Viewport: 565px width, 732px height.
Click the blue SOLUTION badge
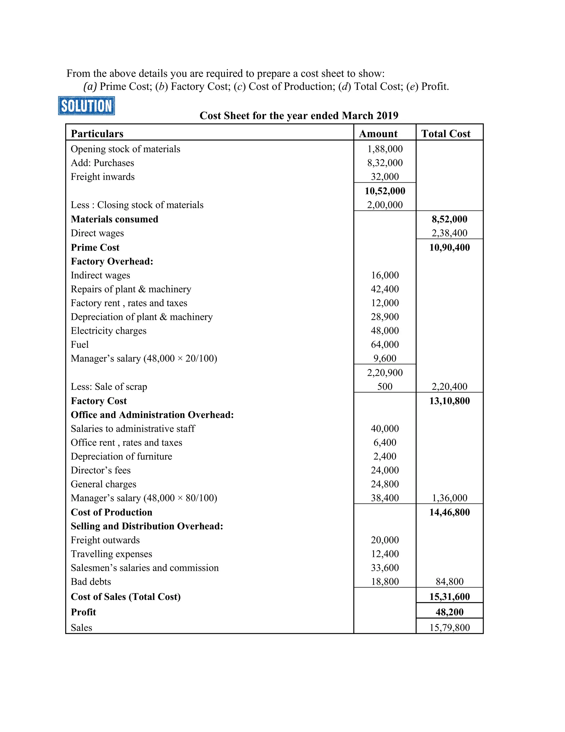86,106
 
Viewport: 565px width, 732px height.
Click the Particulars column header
97,134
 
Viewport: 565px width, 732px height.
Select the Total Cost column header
446,134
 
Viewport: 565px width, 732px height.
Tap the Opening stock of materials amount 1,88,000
385,149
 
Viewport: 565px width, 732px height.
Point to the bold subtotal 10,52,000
385,191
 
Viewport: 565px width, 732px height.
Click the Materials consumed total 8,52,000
449,219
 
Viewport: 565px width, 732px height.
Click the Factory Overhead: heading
112,261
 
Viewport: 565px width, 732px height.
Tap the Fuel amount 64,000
385,344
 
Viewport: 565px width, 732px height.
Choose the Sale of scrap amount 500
385,386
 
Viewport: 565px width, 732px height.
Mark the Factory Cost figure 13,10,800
449,401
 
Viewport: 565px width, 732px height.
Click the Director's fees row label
100,470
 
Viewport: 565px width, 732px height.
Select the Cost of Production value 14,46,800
449,512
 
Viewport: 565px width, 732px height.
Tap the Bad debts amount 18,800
385,581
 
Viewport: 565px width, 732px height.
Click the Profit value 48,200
449,612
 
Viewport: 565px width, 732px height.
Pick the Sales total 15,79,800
449,627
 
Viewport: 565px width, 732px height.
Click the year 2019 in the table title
387,116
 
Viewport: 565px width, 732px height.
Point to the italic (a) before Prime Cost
90,86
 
